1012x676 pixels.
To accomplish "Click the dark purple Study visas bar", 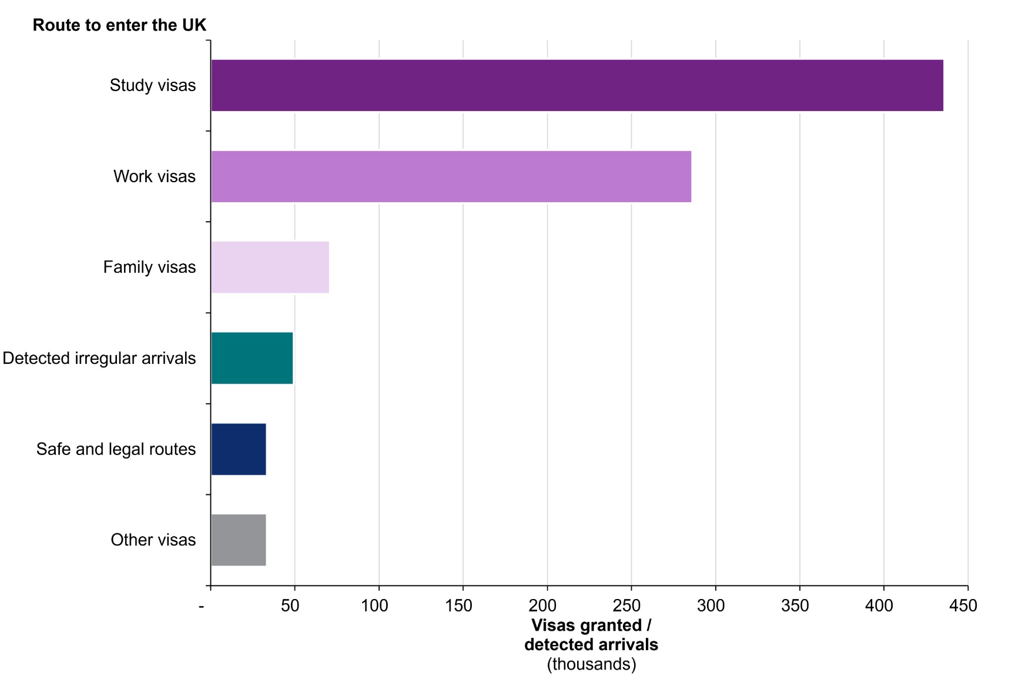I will (x=577, y=85).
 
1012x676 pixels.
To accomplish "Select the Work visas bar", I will (x=451, y=176).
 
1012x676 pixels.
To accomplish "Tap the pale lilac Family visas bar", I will (x=270, y=267).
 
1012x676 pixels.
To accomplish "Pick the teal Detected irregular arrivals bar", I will (x=252, y=358).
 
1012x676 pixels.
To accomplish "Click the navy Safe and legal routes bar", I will (x=238, y=449).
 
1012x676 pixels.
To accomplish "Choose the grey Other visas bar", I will (x=238, y=540).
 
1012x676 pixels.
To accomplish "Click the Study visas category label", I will (x=153, y=85).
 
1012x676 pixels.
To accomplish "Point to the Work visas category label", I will (x=155, y=176).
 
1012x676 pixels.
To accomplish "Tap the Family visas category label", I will (x=149, y=267).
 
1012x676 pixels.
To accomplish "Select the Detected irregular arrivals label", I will (x=99, y=358).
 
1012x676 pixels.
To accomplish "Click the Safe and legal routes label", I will (x=116, y=449).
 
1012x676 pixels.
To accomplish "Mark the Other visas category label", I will (x=153, y=540).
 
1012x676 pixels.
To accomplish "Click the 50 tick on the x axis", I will (x=290, y=605).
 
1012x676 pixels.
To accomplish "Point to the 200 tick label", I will (x=542, y=605).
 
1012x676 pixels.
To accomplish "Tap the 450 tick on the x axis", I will (x=963, y=605).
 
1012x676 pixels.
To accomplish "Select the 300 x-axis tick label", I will (x=711, y=605).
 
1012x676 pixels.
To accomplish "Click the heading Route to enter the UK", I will (x=119, y=25).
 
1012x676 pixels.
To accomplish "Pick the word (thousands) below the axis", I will (x=591, y=664).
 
